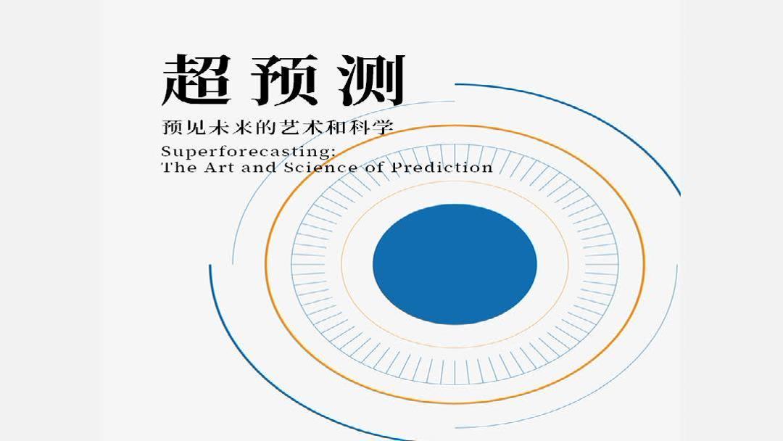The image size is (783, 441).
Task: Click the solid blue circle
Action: (455, 263)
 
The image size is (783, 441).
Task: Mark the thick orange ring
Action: (268, 263)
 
